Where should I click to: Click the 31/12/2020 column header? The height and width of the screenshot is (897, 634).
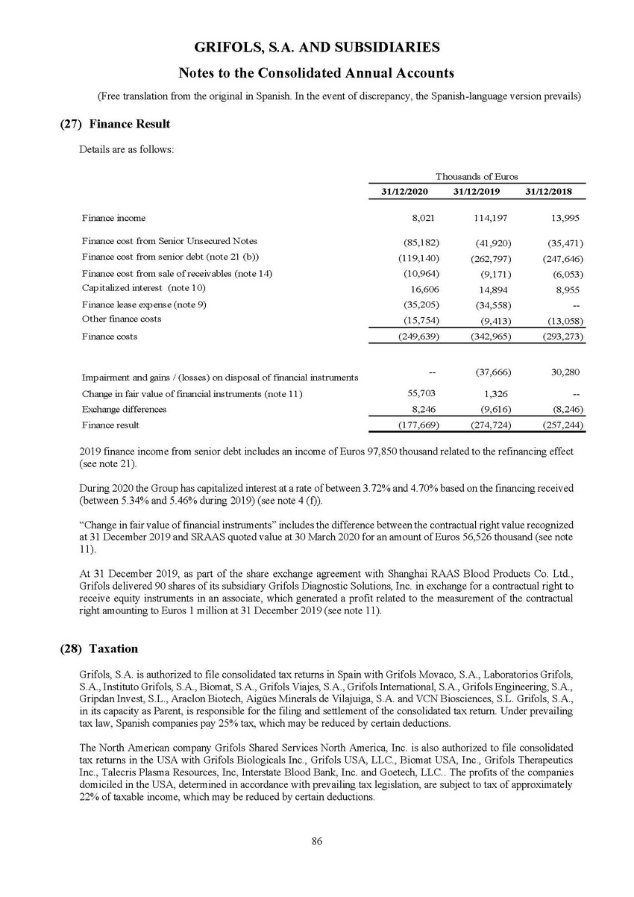pyautogui.click(x=403, y=193)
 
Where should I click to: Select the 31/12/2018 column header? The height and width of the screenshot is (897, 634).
pyautogui.click(x=549, y=193)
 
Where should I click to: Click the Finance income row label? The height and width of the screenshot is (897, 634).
pyautogui.click(x=114, y=218)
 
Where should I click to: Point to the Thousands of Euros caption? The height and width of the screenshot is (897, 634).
pyautogui.click(x=477, y=176)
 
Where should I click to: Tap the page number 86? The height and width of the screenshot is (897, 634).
pyautogui.click(x=317, y=842)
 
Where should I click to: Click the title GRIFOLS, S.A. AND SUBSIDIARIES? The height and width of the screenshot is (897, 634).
pyautogui.click(x=317, y=47)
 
